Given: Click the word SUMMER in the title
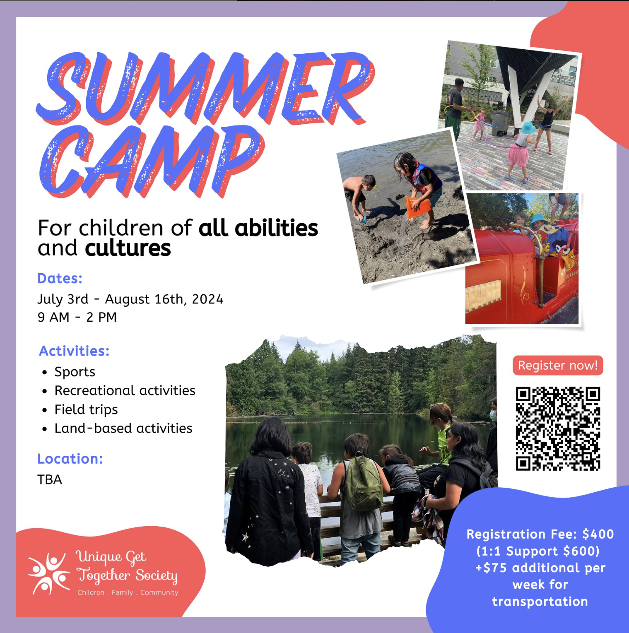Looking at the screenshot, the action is coord(205,88).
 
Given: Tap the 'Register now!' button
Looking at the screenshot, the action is coord(558,366).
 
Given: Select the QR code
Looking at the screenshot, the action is coord(558,428).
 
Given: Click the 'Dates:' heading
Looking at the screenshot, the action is coord(60,279).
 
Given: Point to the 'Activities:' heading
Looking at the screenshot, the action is coord(74,351).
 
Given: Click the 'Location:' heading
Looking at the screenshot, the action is coord(70,459).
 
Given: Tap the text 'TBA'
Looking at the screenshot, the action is coord(50,479).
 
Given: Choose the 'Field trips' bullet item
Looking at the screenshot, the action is coord(86,409).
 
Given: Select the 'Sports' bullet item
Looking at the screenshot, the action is coord(75,372).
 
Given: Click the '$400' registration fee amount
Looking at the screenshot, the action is coord(598,534).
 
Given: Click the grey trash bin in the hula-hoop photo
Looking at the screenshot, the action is coord(499,123).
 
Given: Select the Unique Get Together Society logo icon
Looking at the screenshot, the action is coord(49,573).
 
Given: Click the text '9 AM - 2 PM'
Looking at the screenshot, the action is coord(77,318).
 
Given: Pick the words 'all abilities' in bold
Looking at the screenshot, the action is coord(258,228).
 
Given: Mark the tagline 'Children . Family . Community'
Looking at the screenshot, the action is coord(128,592).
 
